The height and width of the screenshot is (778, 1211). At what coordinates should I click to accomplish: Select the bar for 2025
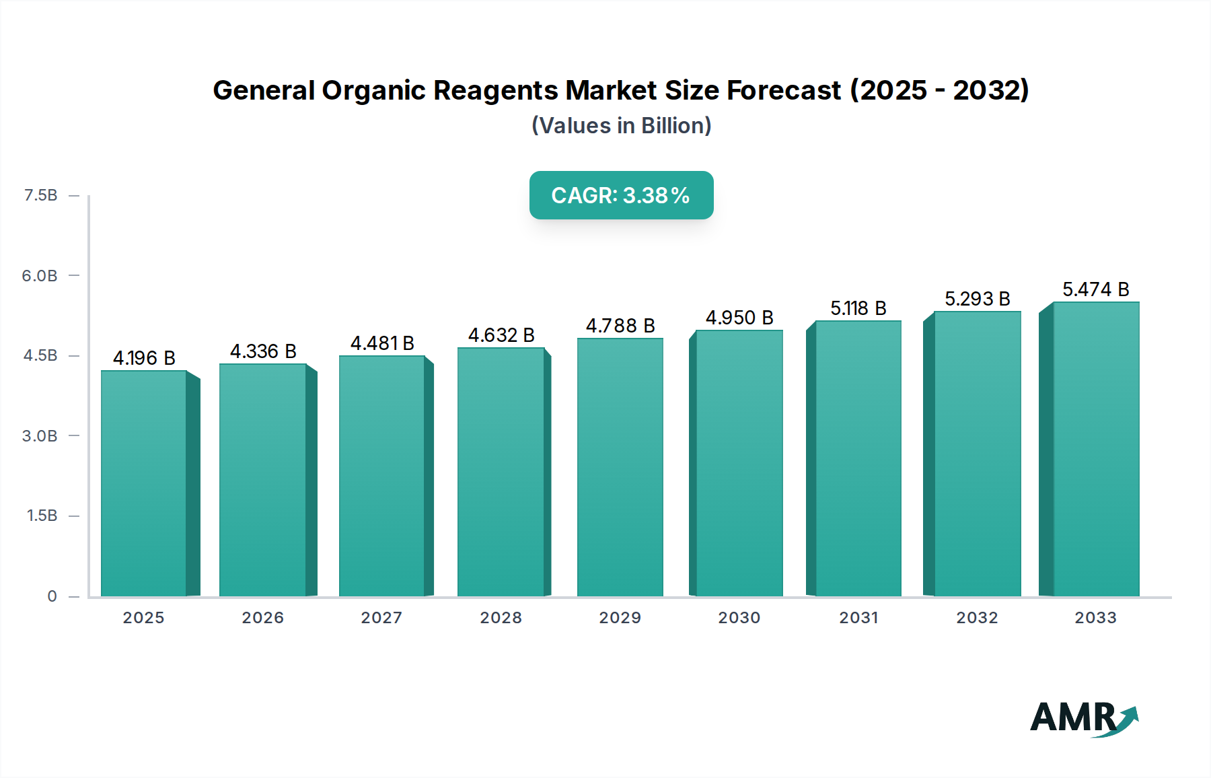144,483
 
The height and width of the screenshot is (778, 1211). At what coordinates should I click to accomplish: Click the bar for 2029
620,467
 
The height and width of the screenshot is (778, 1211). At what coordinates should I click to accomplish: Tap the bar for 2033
1095,449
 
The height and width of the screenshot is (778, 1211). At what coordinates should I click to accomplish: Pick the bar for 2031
858,458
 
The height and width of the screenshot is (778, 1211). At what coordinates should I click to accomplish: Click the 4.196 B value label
144,358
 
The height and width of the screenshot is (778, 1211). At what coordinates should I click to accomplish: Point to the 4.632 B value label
501,335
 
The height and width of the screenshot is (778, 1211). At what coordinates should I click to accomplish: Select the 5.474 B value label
1095,289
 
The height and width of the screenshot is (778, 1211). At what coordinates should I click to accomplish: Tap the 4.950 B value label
739,318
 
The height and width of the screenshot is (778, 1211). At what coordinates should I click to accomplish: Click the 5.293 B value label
977,299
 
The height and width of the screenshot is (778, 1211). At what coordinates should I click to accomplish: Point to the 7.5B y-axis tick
40,195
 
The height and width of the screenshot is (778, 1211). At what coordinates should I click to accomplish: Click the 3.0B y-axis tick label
40,436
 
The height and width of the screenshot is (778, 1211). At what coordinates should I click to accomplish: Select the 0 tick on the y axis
52,596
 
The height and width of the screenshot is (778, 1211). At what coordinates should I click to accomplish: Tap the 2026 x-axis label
262,618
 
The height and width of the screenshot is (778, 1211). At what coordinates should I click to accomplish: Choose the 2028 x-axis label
501,618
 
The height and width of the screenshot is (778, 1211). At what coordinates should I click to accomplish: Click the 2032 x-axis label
977,618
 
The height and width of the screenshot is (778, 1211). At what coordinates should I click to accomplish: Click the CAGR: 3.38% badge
621,195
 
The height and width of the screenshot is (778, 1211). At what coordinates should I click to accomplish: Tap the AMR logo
1083,718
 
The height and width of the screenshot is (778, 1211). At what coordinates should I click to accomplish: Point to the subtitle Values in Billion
621,126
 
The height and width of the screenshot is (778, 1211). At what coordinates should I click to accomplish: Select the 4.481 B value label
382,343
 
